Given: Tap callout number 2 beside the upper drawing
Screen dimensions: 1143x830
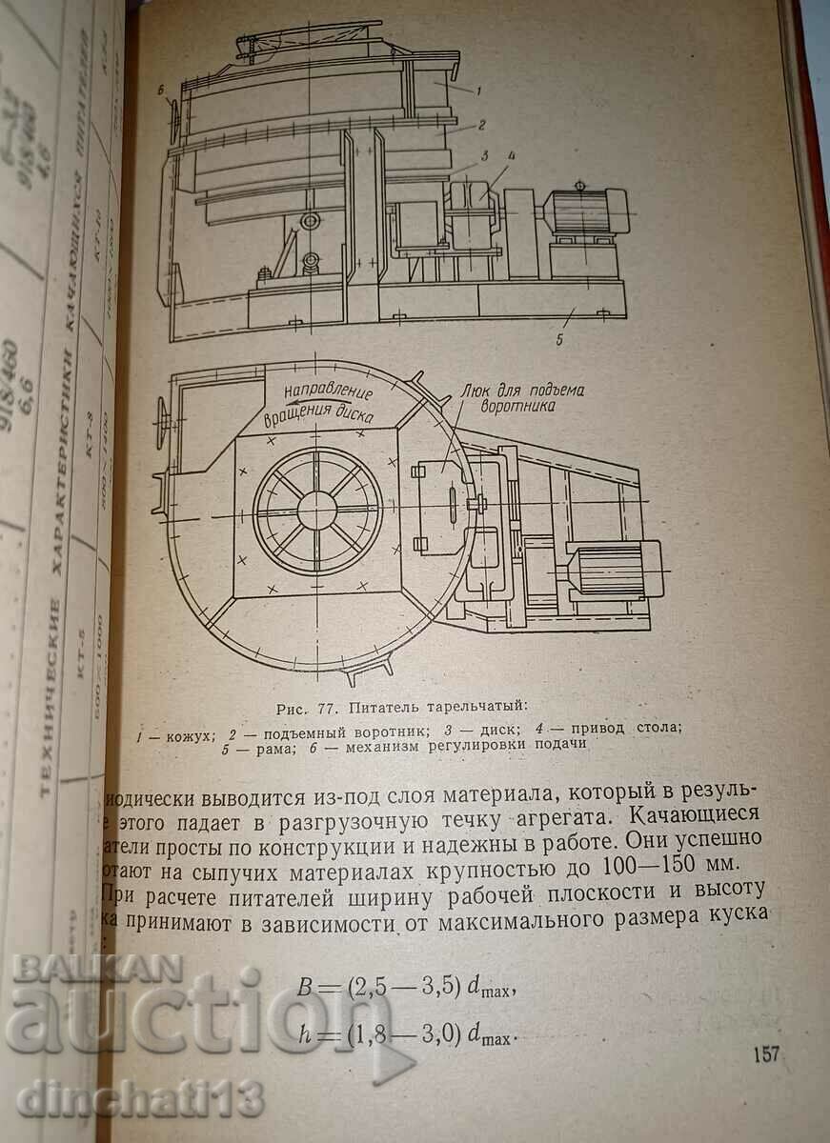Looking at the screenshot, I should coord(482,124).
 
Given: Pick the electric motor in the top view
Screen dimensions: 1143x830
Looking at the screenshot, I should coord(610,570).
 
